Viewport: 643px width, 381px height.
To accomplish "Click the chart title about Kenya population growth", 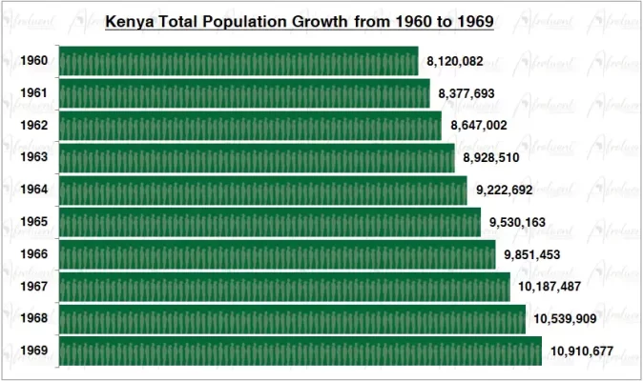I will (305, 20).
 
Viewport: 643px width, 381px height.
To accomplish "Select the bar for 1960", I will (239, 62).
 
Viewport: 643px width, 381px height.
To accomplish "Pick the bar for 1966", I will (278, 254).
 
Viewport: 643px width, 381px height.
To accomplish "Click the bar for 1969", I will (301, 351).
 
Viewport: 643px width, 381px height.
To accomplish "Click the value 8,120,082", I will (455, 62).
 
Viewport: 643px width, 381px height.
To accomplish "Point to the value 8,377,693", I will (467, 94).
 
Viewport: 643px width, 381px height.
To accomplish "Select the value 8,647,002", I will (479, 126).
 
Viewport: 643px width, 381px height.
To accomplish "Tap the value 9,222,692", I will (506, 190).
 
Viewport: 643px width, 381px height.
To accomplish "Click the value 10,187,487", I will (550, 287).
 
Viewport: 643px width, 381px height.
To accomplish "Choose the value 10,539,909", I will (565, 319).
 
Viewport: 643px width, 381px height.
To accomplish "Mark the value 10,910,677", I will (581, 351).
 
